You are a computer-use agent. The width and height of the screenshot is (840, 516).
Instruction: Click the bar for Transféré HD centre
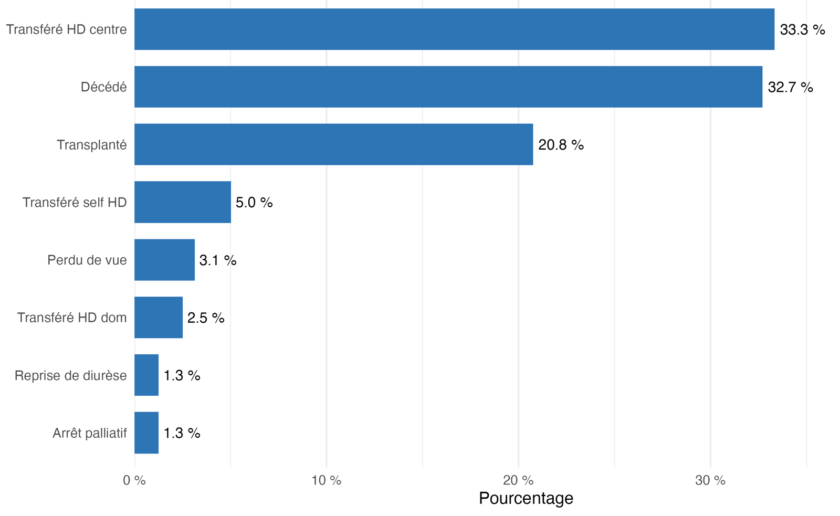(455, 29)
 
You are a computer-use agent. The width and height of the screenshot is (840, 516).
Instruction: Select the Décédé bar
(448, 87)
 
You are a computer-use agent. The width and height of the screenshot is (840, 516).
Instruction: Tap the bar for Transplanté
(334, 144)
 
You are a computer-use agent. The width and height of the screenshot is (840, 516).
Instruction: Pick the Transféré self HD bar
(183, 202)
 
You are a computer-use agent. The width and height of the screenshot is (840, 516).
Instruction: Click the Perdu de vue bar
(165, 260)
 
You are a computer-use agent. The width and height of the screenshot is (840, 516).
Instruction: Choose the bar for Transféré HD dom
(159, 318)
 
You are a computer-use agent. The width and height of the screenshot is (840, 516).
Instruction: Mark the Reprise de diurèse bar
(146, 375)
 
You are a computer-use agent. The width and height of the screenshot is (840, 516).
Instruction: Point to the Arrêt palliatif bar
(146, 433)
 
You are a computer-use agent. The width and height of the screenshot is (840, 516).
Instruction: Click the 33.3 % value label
(803, 29)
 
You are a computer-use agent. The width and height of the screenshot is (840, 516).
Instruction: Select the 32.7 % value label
(791, 87)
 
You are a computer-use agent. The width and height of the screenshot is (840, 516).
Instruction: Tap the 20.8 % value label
(561, 145)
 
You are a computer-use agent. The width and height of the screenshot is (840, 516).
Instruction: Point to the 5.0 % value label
(254, 203)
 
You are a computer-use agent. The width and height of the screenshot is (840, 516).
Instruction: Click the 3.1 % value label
(218, 260)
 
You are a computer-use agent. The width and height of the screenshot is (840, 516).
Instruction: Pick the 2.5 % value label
(206, 318)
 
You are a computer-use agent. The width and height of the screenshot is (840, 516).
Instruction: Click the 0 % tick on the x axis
(134, 480)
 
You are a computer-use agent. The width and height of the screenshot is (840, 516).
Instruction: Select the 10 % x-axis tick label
(327, 480)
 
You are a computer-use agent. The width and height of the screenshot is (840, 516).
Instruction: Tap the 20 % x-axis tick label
(519, 480)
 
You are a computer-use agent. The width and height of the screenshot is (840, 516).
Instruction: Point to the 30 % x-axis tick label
(711, 480)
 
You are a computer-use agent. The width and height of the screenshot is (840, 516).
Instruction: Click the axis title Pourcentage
(526, 498)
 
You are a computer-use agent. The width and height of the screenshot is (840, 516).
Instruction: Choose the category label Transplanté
(92, 145)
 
